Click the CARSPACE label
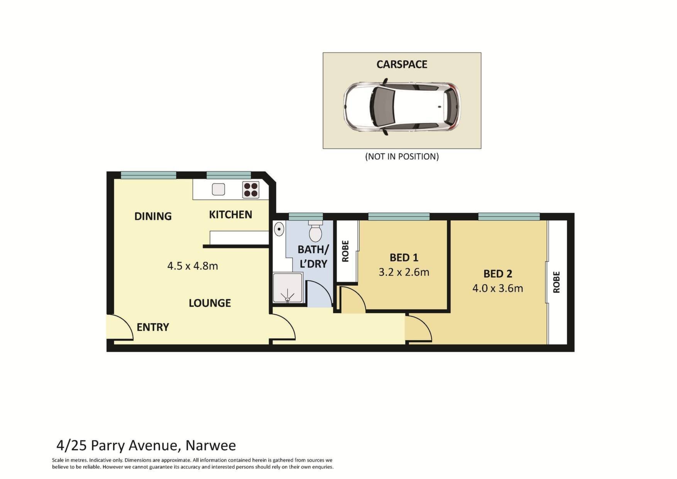(402, 64)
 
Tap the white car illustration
(402, 106)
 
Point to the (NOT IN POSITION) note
(402, 156)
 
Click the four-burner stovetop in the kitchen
(251, 190)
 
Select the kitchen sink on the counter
(218, 189)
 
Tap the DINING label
(153, 216)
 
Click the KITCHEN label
(230, 214)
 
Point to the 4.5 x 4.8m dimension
(193, 266)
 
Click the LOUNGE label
(210, 303)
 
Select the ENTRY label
(153, 327)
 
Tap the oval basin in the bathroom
(279, 229)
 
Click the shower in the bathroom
(288, 288)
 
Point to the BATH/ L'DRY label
(313, 256)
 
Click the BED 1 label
(404, 257)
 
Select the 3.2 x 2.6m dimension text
(404, 272)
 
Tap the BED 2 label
(498, 273)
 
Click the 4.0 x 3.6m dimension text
(498, 288)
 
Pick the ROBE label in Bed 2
(556, 282)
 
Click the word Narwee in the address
(211, 445)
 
